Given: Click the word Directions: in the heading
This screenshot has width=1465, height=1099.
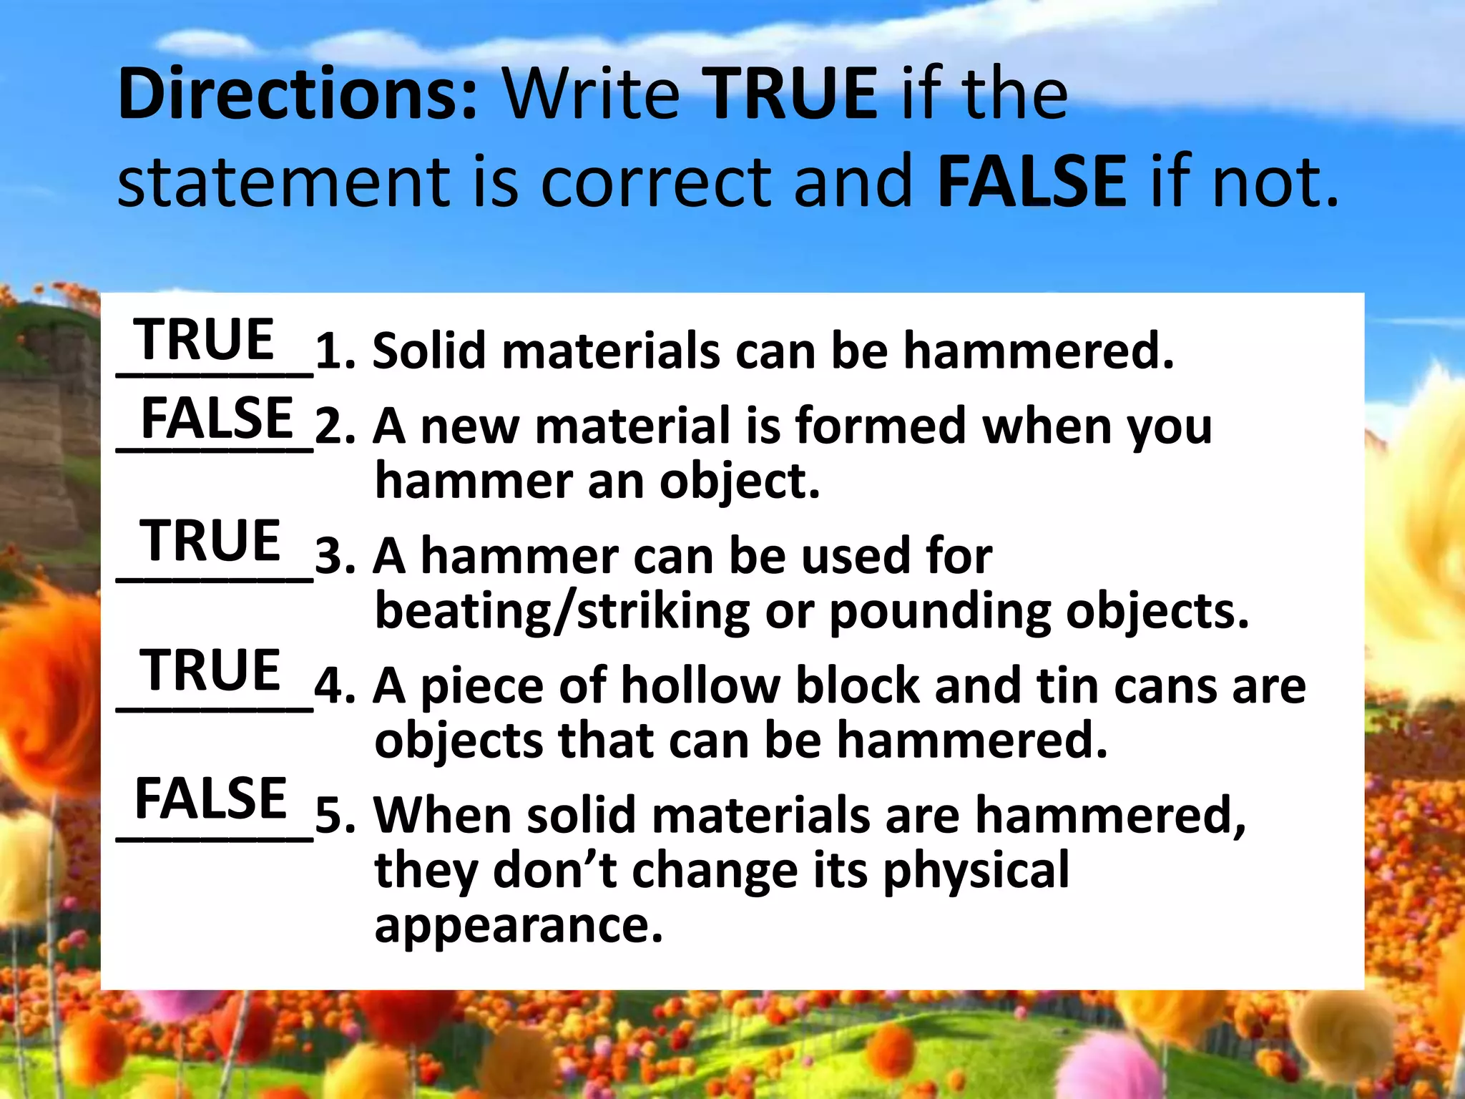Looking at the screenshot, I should click(298, 94).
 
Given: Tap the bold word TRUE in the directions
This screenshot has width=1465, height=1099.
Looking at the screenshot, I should click(792, 94).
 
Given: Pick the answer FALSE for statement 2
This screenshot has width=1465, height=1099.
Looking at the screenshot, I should click(217, 419).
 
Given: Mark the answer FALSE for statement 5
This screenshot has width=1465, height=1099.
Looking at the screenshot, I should click(211, 799).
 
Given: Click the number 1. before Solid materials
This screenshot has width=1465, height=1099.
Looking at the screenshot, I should click(335, 352).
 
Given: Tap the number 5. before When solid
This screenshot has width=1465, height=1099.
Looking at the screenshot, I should click(335, 816).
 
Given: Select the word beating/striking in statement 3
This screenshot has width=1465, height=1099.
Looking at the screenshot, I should click(562, 612).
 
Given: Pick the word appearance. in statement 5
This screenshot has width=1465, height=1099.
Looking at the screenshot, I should click(519, 926).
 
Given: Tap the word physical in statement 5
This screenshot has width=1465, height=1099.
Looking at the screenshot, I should click(976, 871).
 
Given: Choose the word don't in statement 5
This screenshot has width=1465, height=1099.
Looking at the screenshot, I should click(554, 870).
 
